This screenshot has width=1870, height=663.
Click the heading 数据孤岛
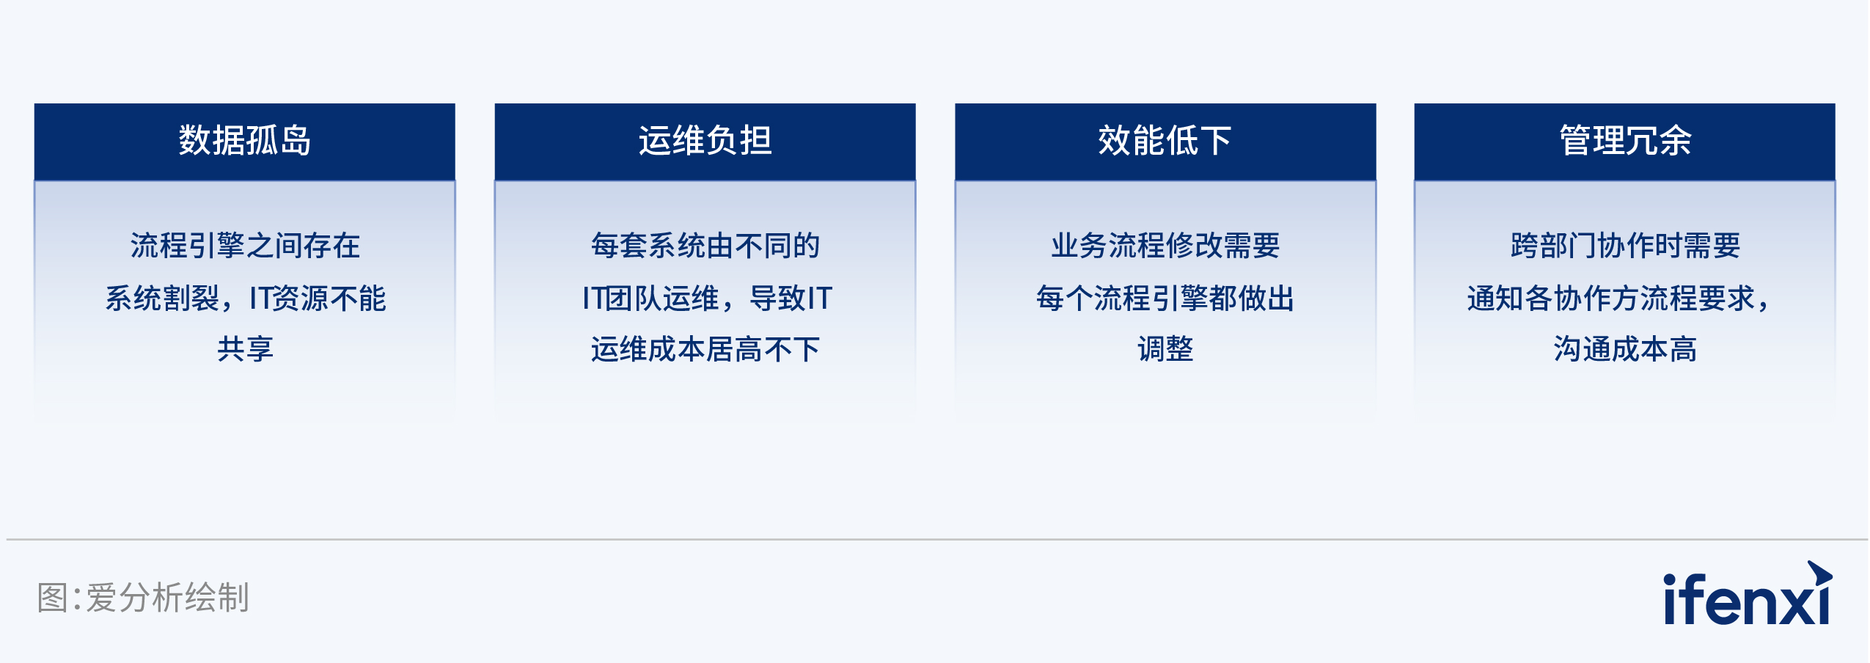pyautogui.click(x=245, y=140)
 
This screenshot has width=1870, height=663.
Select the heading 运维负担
pyautogui.click(x=705, y=140)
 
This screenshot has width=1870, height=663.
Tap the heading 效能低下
pyautogui.click(x=1165, y=140)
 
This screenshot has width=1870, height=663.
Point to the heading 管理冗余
pyautogui.click(x=1625, y=140)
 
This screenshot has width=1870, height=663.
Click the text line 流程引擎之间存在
pyautogui.click(x=245, y=246)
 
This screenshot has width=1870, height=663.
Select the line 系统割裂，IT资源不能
pyautogui.click(x=245, y=298)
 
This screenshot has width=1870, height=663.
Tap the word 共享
pyautogui.click(x=245, y=349)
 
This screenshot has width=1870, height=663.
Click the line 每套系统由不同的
pyautogui.click(x=705, y=246)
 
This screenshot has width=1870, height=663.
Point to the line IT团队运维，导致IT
pyautogui.click(x=707, y=298)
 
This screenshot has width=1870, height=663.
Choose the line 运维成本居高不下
pyautogui.click(x=705, y=349)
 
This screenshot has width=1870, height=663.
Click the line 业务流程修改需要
pyautogui.click(x=1165, y=246)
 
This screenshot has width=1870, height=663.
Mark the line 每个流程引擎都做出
pyautogui.click(x=1165, y=298)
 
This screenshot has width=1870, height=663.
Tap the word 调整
pyautogui.click(x=1165, y=349)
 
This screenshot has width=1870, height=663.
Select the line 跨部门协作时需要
pyautogui.click(x=1625, y=246)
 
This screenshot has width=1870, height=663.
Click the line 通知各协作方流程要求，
pyautogui.click(x=1618, y=298)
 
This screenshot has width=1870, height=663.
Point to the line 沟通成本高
pyautogui.click(x=1625, y=349)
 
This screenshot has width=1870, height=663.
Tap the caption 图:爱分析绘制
pyautogui.click(x=143, y=597)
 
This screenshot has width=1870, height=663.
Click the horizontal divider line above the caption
pyautogui.click(x=937, y=540)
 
